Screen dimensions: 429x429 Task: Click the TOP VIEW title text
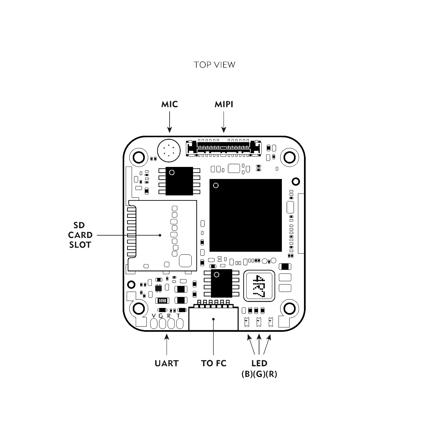point(214,65)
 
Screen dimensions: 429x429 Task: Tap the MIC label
point(169,104)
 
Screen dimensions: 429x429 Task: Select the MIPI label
point(224,104)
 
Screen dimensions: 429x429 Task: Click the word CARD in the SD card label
point(80,235)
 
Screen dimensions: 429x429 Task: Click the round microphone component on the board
point(169,150)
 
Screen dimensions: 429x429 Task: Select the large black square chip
point(246,215)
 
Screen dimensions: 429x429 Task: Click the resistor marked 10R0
point(162,301)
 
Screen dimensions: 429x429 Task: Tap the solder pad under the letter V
point(154,323)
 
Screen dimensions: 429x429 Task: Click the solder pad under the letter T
point(180,323)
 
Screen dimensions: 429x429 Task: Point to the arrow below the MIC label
point(169,122)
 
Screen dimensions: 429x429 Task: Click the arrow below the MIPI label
point(224,122)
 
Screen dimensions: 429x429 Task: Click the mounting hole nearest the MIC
point(139,158)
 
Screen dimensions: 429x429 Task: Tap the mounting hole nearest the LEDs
point(290,309)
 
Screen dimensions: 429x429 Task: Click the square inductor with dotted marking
point(259,286)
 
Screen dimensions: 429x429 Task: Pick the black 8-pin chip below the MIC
point(179,181)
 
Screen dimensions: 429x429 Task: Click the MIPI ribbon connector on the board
point(224,148)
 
